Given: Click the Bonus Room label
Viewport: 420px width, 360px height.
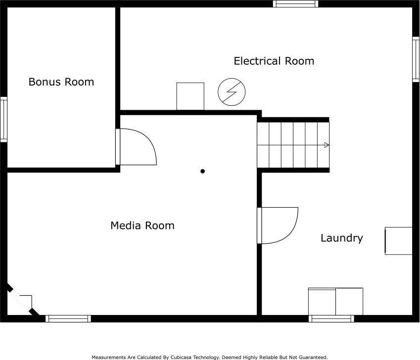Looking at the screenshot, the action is tap(61, 82).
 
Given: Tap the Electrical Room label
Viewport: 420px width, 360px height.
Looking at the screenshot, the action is tap(274, 61).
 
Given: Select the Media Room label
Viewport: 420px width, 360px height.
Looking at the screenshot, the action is tap(142, 225).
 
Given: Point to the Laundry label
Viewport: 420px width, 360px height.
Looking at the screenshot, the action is tap(342, 238).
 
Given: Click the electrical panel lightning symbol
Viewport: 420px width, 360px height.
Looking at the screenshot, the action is tap(232, 92).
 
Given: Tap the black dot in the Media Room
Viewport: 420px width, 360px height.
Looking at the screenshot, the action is tap(202, 171).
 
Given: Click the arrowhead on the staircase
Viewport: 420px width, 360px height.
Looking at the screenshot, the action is tap(327, 145).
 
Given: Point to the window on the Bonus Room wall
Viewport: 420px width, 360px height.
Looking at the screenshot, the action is tap(3, 119).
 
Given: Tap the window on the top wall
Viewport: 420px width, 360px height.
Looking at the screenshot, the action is tap(296, 3).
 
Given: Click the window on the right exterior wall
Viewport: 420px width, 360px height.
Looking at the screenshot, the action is tap(416, 59).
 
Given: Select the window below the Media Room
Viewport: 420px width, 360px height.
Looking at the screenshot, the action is tap(68, 318).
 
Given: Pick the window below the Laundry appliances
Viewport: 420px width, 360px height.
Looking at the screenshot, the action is tap(331, 318).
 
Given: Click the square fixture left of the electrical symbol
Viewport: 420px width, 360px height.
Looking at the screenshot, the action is tap(190, 96).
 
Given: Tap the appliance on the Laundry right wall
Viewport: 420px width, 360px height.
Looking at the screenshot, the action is tap(399, 241).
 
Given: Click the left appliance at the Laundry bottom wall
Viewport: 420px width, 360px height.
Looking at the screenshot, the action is tap(322, 302).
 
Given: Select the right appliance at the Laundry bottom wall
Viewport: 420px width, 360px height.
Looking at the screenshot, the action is tap(349, 302).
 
